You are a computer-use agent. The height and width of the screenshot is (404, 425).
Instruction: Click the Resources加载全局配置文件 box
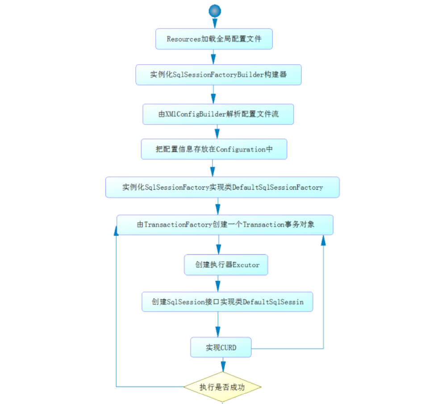(214, 39)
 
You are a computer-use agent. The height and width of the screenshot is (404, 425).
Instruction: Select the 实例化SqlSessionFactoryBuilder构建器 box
(218, 75)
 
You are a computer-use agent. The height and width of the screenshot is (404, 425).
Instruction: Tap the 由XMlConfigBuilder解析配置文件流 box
(218, 114)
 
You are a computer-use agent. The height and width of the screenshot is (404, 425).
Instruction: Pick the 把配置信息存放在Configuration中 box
(214, 150)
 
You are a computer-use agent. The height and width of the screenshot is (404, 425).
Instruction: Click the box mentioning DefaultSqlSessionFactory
(222, 187)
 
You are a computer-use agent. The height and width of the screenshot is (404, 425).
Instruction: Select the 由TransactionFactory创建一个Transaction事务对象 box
(225, 225)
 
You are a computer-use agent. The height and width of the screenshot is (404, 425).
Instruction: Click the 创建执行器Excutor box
(227, 265)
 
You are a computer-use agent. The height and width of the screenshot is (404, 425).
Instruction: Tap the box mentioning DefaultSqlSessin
(227, 302)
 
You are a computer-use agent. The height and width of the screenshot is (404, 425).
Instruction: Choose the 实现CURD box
(221, 347)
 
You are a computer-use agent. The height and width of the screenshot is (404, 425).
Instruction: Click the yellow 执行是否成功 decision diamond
(222, 387)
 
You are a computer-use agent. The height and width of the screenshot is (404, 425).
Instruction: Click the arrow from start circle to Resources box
(215, 23)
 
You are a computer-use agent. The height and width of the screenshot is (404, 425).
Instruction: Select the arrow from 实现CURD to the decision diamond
(222, 365)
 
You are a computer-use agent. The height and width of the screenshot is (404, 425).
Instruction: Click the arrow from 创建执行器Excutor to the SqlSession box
(218, 283)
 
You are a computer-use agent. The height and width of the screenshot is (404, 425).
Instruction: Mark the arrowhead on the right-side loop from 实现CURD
(323, 240)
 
